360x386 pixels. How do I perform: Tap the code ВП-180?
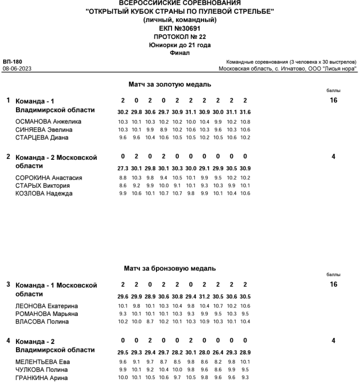pyautogui.click(x=12, y=62)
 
